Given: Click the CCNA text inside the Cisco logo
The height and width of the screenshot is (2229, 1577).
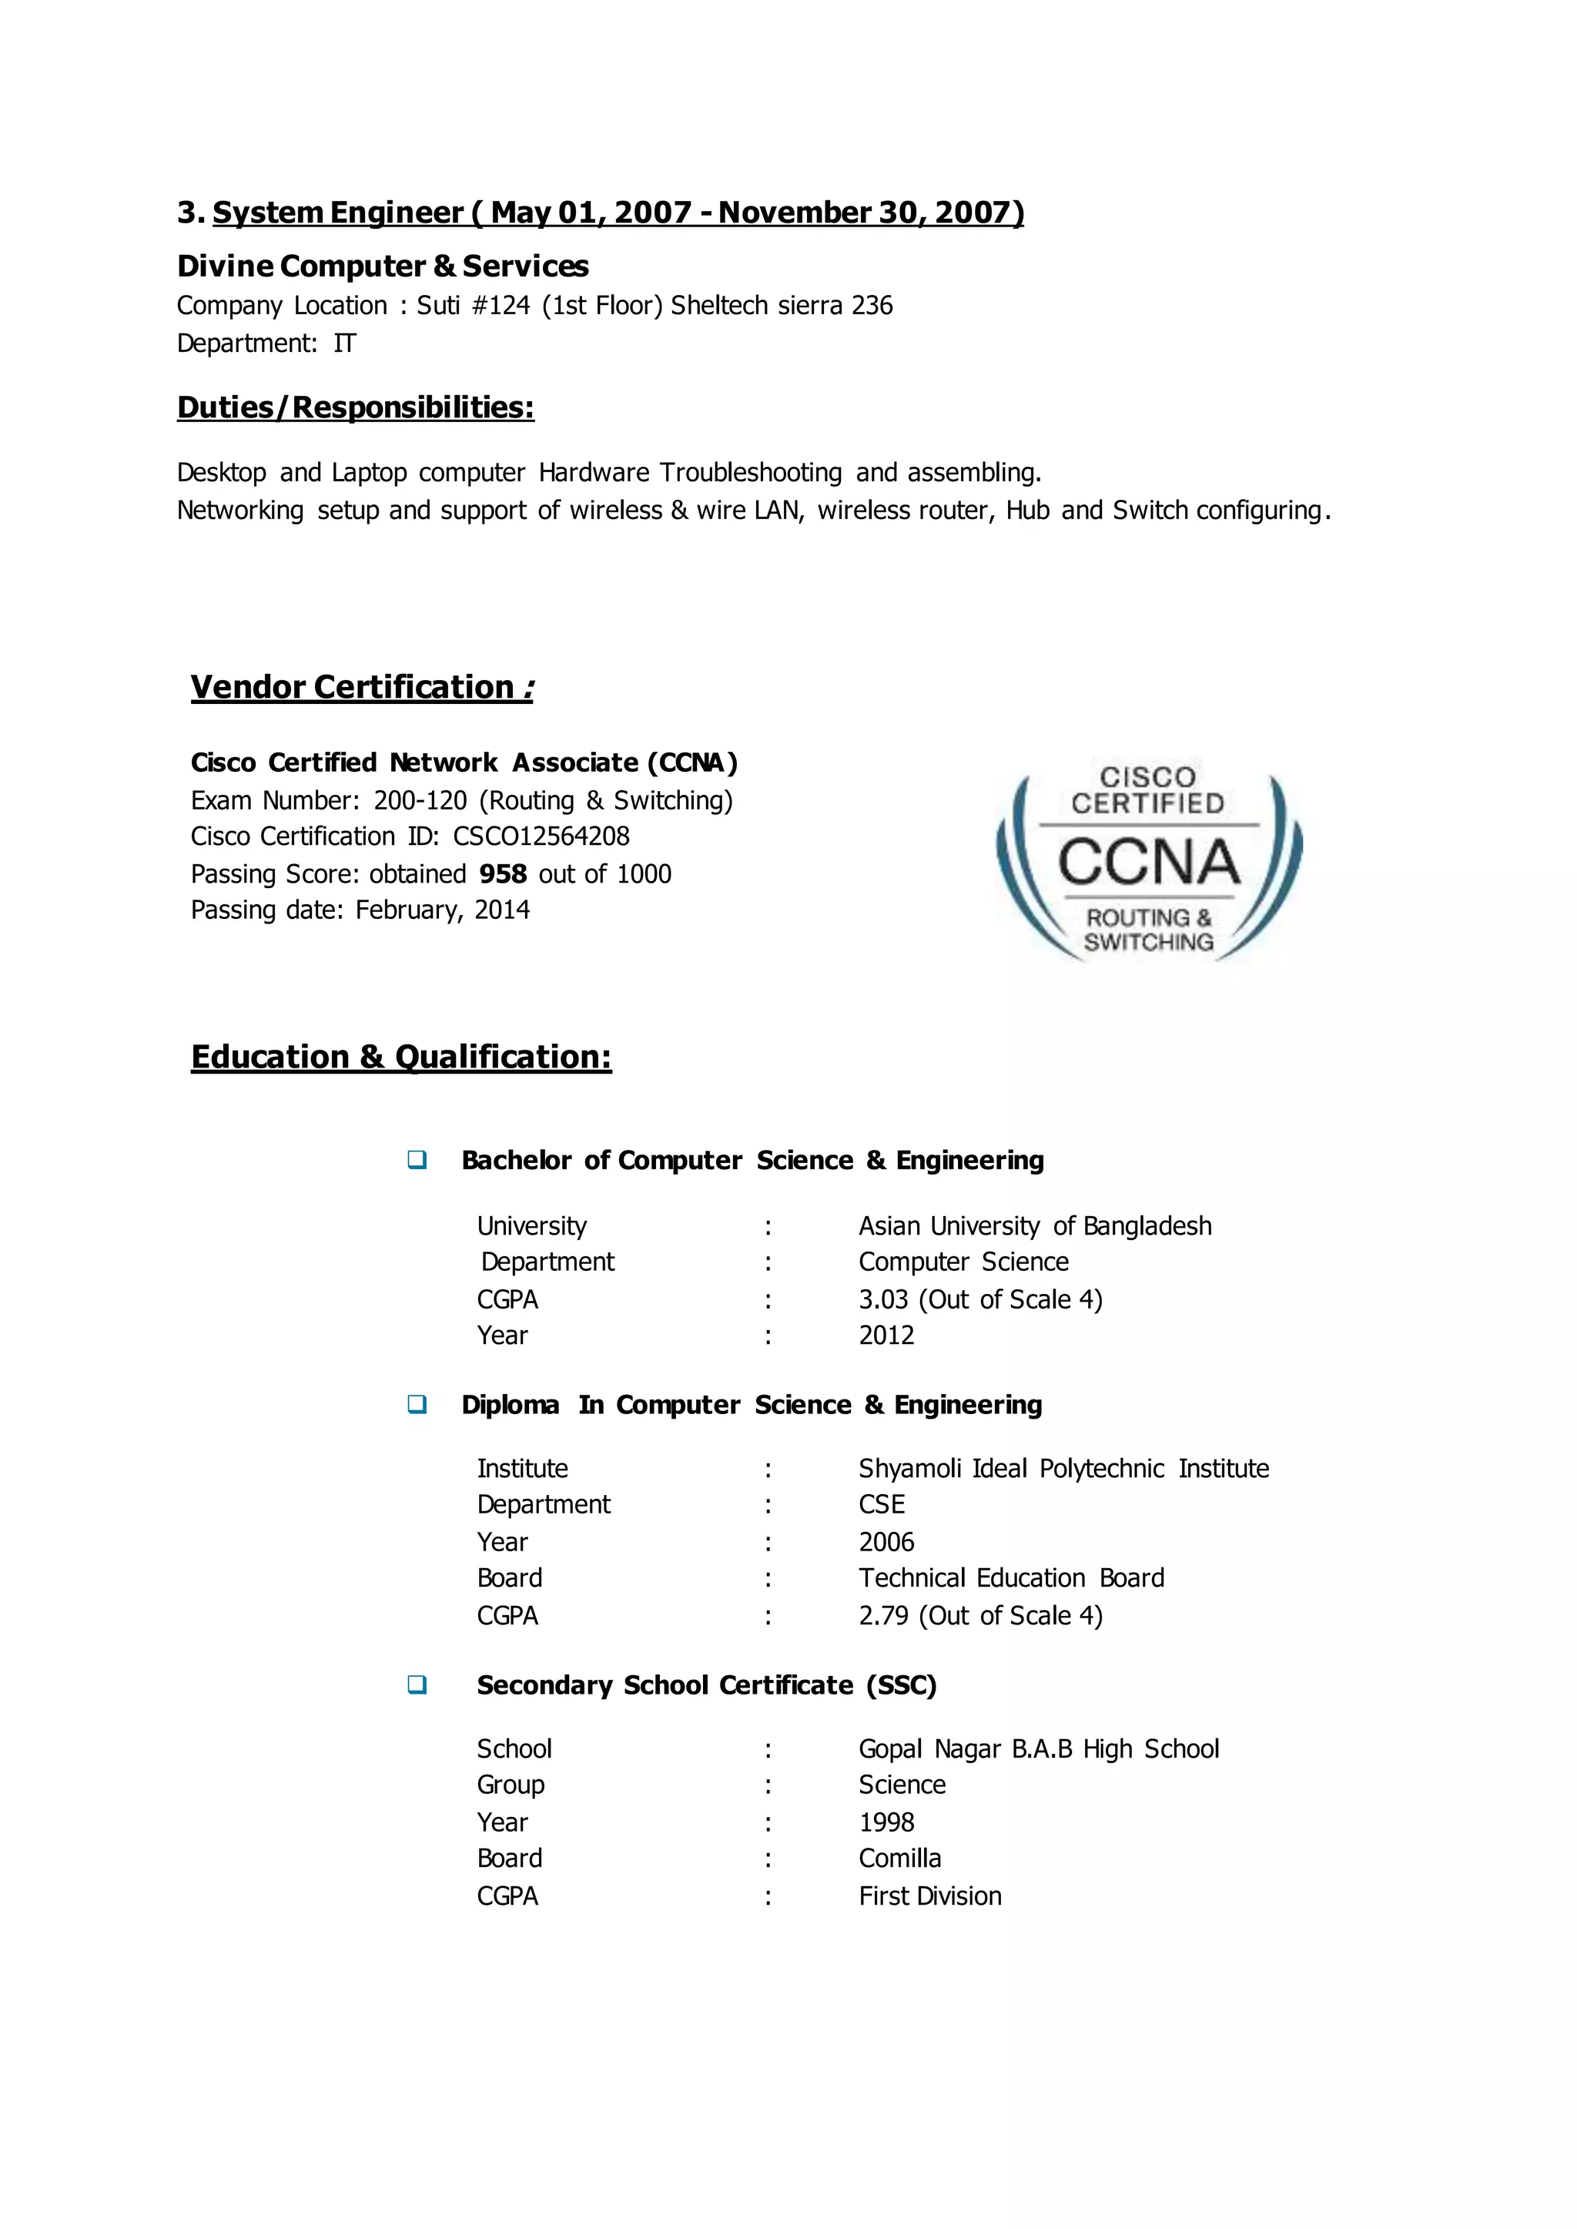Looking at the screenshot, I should [1149, 862].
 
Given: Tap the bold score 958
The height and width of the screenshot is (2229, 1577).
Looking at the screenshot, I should [502, 874].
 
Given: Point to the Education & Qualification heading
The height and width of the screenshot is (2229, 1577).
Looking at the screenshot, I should [401, 1057].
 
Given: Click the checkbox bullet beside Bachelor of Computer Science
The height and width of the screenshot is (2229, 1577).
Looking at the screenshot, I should [417, 1160].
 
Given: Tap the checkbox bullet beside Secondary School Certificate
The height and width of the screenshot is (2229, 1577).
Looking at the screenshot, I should [417, 1684].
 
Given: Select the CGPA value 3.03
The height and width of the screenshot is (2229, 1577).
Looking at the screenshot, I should [884, 1299].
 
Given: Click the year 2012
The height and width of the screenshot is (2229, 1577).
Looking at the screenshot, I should [886, 1336].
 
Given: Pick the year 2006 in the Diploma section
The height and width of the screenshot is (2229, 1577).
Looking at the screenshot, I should [886, 1542].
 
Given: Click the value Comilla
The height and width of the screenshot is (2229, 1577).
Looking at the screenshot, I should [899, 1858].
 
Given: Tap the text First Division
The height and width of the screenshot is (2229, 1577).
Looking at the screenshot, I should [929, 1895].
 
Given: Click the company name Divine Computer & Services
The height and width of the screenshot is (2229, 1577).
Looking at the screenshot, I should [383, 266].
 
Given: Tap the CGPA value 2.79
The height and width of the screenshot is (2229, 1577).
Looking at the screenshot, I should [884, 1615].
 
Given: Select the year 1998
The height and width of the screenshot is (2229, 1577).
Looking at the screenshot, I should [886, 1822].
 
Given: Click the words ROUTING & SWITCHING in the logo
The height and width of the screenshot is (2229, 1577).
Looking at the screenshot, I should [1149, 930].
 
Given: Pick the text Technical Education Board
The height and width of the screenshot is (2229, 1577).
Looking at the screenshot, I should [1011, 1578].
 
